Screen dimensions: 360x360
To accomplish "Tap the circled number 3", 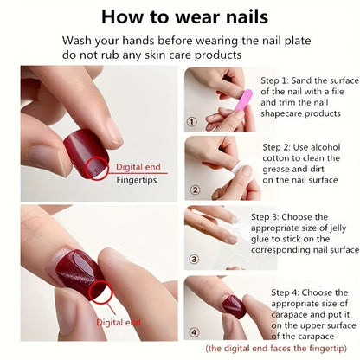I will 195,259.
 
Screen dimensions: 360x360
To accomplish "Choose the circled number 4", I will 195,331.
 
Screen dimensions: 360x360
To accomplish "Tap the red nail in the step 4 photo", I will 232,305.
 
